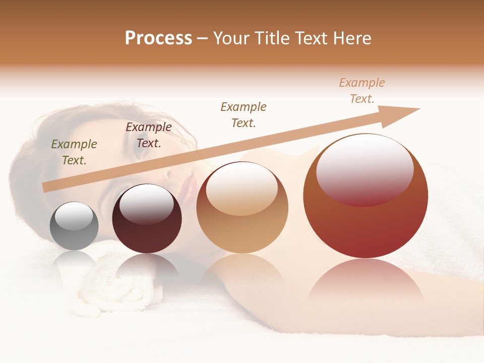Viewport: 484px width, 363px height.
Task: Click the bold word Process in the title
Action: tap(158, 38)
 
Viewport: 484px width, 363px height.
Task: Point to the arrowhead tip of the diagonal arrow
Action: tap(419, 109)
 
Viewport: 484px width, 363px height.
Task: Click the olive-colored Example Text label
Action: tap(74, 152)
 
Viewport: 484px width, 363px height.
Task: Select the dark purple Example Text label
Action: tap(149, 135)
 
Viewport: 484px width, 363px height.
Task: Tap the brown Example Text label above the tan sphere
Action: tap(244, 115)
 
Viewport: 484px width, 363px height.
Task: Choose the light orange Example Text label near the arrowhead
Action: tap(362, 91)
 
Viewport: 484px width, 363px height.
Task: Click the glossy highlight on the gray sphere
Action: tap(74, 216)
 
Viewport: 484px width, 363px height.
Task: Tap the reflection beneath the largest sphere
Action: tap(366, 282)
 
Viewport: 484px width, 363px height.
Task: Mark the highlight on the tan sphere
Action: tap(242, 188)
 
